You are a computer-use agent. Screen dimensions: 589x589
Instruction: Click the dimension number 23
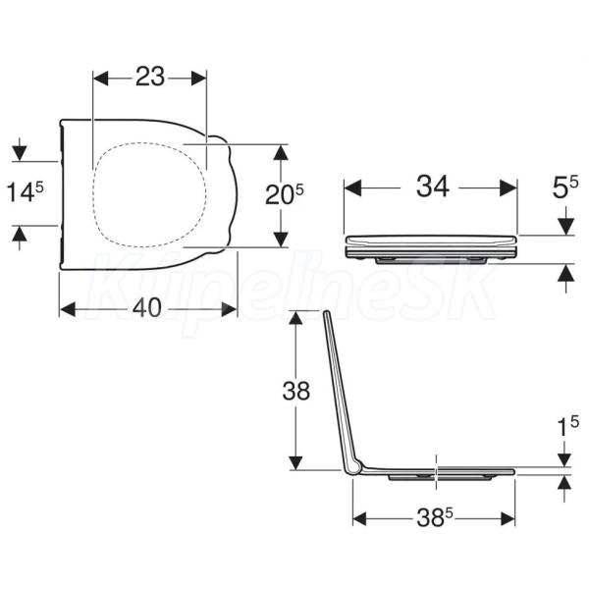(150, 77)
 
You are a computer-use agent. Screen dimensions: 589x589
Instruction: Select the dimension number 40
(147, 307)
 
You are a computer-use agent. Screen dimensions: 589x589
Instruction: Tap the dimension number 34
(433, 187)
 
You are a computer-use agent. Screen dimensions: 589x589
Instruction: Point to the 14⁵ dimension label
(26, 192)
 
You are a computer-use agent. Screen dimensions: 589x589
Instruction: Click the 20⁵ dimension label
(285, 194)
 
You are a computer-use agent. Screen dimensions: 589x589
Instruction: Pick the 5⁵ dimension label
(565, 187)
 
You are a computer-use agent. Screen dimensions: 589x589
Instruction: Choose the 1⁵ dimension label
(567, 427)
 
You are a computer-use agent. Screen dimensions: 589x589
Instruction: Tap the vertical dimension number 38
(296, 391)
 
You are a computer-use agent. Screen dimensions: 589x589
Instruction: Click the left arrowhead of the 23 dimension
(101, 79)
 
